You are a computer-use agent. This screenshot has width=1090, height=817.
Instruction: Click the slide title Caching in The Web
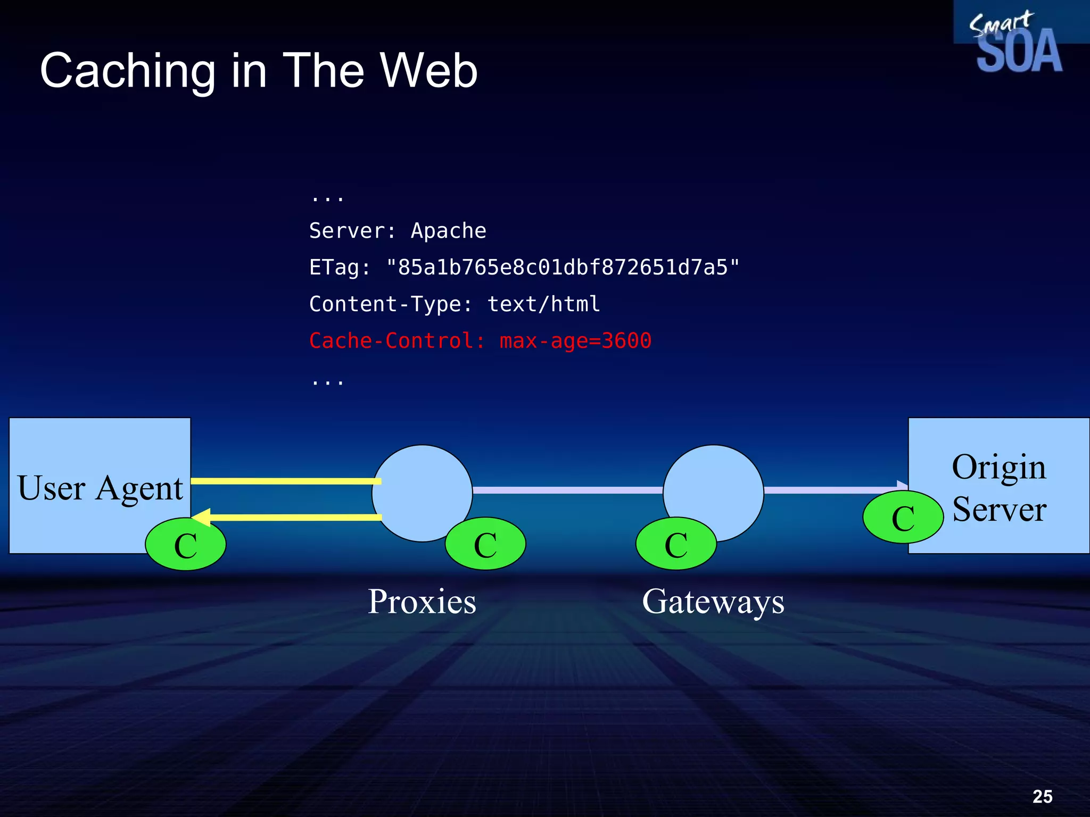259,71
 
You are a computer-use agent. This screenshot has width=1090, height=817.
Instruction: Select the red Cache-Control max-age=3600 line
480,341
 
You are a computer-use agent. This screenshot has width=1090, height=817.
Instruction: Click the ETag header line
524,268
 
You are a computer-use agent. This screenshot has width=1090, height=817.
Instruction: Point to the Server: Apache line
398,231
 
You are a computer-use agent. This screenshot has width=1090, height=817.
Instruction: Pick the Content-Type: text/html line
455,304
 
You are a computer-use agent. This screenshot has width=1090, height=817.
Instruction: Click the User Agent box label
100,488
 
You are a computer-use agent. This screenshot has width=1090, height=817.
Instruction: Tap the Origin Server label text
999,488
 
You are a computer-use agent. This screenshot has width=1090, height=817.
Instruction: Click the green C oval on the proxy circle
485,544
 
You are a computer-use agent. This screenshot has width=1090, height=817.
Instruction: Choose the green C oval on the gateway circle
676,544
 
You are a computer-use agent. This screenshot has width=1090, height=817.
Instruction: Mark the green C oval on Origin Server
903,518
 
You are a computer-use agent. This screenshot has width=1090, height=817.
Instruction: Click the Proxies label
422,602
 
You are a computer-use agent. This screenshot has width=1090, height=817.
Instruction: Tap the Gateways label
713,602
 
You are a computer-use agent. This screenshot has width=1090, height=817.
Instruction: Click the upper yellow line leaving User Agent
286,481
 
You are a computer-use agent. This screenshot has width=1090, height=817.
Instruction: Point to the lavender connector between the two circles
567,490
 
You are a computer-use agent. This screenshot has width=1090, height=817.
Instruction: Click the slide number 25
1042,796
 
